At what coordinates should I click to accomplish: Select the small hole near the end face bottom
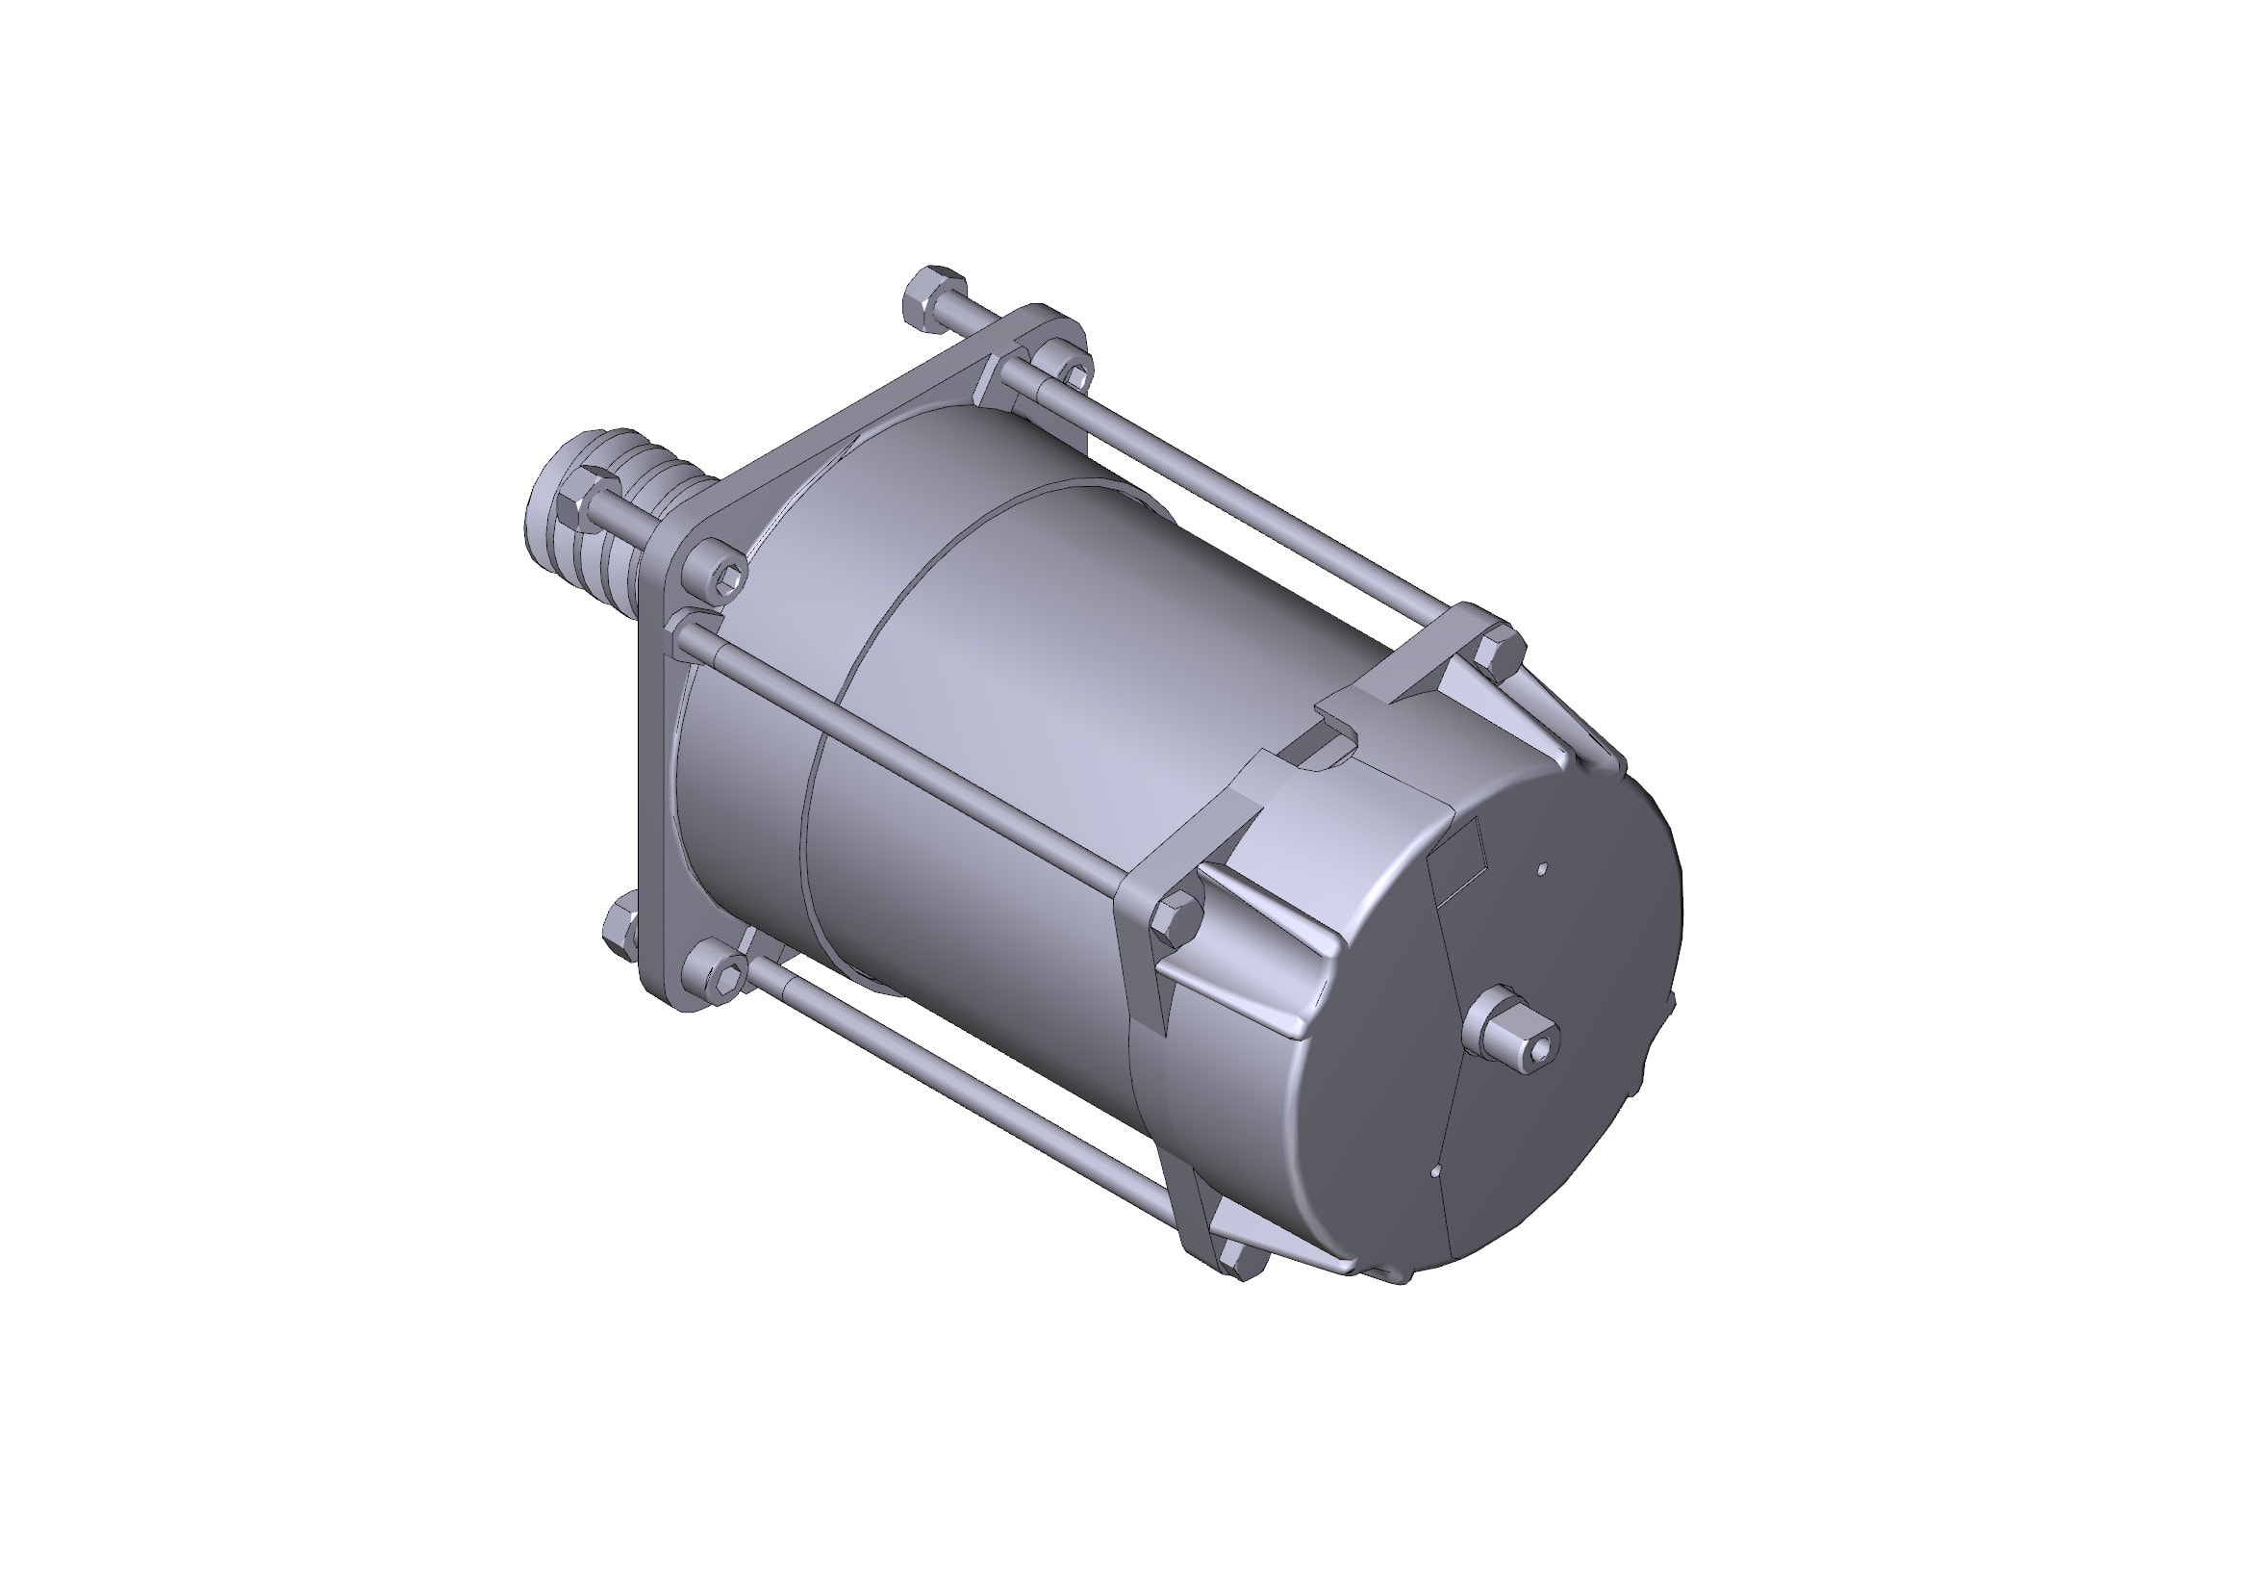click(x=1436, y=1170)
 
